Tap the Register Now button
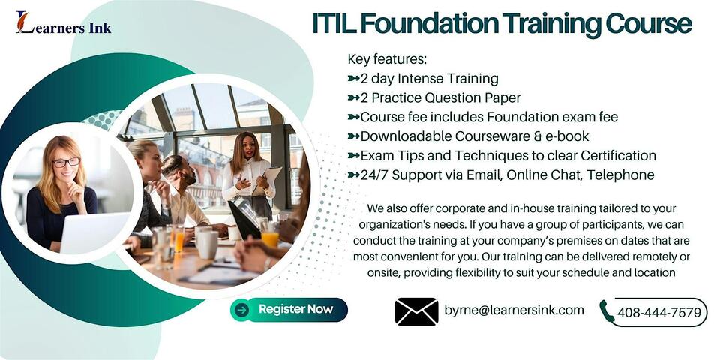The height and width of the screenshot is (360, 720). [x=289, y=309]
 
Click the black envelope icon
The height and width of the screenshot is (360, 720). [x=416, y=311]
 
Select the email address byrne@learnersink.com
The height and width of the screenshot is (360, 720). [x=514, y=310]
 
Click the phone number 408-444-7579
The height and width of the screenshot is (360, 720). [x=659, y=313]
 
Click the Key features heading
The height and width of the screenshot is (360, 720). [x=385, y=59]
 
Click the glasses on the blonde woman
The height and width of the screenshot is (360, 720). [x=67, y=162]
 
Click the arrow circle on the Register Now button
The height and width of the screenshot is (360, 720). [x=241, y=309]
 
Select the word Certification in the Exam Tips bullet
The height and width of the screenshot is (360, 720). [x=614, y=156]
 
